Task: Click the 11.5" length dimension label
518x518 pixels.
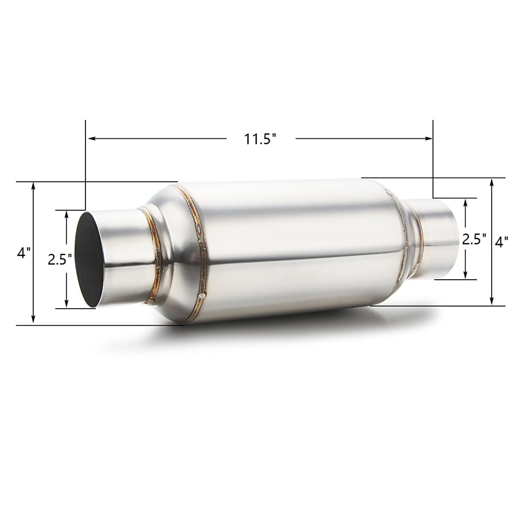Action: point(261,139)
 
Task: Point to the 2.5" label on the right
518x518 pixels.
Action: point(474,239)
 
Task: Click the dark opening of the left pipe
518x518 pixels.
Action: point(89,260)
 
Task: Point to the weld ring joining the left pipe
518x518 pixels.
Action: point(154,254)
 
